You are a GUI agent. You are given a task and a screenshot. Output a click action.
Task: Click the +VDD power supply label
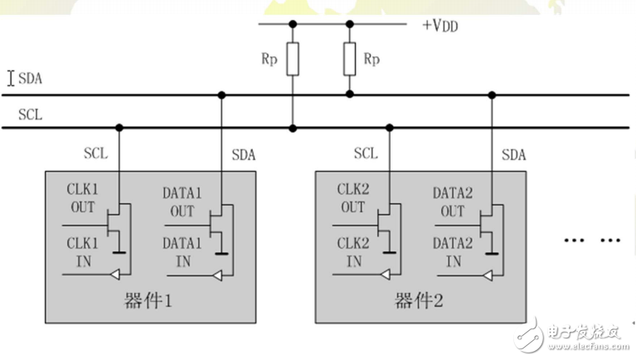[x=439, y=25]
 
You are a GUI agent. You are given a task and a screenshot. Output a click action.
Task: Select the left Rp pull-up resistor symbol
[x=293, y=61]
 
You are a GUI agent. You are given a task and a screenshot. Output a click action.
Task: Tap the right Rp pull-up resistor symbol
[x=350, y=61]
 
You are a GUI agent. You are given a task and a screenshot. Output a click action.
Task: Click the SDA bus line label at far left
[x=30, y=79]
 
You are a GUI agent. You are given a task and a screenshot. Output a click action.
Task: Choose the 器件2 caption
[x=418, y=300]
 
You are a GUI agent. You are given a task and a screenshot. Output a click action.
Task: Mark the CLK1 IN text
[x=82, y=254]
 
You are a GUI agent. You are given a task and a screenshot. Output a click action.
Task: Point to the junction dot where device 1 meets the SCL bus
[x=119, y=128]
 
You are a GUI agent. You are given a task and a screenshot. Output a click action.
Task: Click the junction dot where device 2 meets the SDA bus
[x=491, y=95]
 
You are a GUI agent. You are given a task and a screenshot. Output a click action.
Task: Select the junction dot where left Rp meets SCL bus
[x=293, y=128]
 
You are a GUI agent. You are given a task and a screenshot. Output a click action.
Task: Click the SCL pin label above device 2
[x=366, y=153]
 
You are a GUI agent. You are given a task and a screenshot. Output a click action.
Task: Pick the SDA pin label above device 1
[x=244, y=154]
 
